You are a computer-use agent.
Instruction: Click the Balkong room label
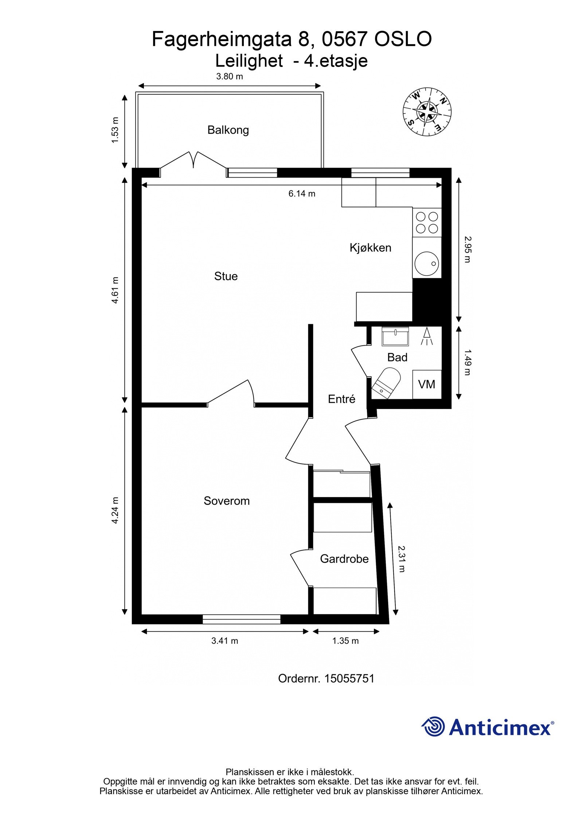pyautogui.click(x=228, y=130)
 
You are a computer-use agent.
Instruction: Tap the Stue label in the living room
pyautogui.click(x=226, y=276)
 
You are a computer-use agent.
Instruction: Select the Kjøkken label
pyautogui.click(x=370, y=248)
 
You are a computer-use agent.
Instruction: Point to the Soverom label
pyautogui.click(x=227, y=501)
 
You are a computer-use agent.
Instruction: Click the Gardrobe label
pyautogui.click(x=344, y=559)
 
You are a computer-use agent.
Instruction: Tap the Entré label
pyautogui.click(x=341, y=399)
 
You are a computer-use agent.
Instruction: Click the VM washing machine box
pyautogui.click(x=427, y=385)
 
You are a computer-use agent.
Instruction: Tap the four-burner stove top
pyautogui.click(x=427, y=222)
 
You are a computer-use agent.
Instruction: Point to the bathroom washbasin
pyautogui.click(x=395, y=336)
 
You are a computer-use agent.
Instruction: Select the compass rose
pyautogui.click(x=427, y=111)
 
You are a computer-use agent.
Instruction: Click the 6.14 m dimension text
pyautogui.click(x=302, y=194)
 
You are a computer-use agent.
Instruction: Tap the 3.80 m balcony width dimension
pyautogui.click(x=230, y=76)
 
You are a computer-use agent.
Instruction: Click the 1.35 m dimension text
pyautogui.click(x=345, y=641)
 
